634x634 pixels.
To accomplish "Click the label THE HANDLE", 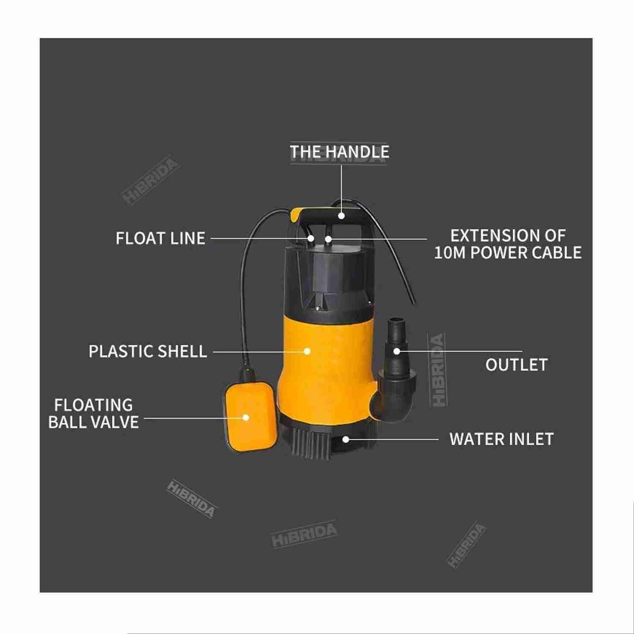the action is pyautogui.click(x=339, y=152).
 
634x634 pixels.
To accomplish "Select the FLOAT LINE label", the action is pyautogui.click(x=161, y=238).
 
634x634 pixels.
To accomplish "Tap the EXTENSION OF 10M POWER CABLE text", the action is pyautogui.click(x=508, y=244).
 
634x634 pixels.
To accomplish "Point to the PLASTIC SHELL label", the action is pyautogui.click(x=148, y=351).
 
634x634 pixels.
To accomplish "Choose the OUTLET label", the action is pyautogui.click(x=516, y=365).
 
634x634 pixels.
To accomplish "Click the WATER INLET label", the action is pyautogui.click(x=501, y=439).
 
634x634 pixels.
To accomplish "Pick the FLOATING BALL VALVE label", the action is pyautogui.click(x=93, y=413).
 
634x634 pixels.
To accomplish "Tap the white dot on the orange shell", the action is pyautogui.click(x=308, y=351).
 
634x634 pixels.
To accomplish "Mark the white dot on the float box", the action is pyautogui.click(x=246, y=418).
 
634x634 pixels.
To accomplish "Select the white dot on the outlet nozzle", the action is pyautogui.click(x=396, y=351).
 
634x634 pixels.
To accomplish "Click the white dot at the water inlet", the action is pyautogui.click(x=346, y=440).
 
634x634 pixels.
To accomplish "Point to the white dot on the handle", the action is pyautogui.click(x=341, y=216).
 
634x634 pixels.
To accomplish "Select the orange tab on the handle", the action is pyautogui.click(x=297, y=215).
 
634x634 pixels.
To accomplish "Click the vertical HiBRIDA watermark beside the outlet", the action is pyautogui.click(x=438, y=370).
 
